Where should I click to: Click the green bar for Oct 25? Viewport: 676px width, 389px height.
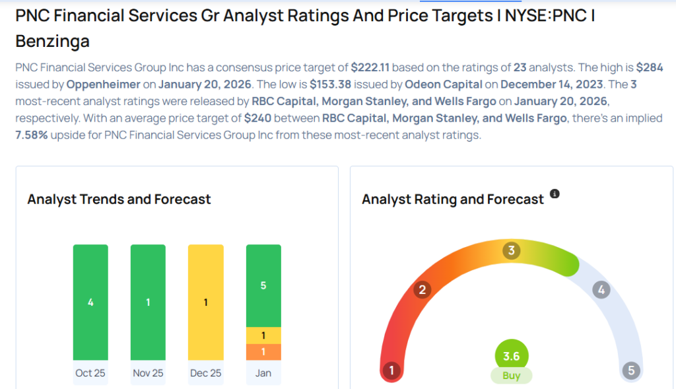pos(90,302)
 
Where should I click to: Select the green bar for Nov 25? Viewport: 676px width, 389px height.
pos(148,302)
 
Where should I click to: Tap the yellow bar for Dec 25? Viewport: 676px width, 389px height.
pos(205,302)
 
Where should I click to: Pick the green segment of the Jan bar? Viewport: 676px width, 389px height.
pos(263,285)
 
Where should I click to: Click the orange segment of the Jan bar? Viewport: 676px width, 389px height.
pos(263,352)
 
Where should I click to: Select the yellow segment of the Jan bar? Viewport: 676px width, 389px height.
pos(263,336)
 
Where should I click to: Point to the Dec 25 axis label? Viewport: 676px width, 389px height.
pos(205,373)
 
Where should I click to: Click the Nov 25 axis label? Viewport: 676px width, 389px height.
pos(148,373)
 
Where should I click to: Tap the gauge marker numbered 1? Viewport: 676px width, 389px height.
pos(391,371)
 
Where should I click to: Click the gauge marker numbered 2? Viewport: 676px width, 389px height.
pos(422,289)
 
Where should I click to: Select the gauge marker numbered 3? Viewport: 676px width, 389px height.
pos(511,251)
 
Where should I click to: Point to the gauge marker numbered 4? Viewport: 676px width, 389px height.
pos(600,289)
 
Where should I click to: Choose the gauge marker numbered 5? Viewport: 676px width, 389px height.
pos(631,371)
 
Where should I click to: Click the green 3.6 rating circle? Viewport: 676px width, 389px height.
pos(512,356)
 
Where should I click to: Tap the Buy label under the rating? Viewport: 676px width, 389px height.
pos(512,376)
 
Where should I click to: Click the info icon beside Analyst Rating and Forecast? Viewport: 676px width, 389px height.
pos(555,194)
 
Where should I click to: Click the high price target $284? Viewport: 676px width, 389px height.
pos(650,67)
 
